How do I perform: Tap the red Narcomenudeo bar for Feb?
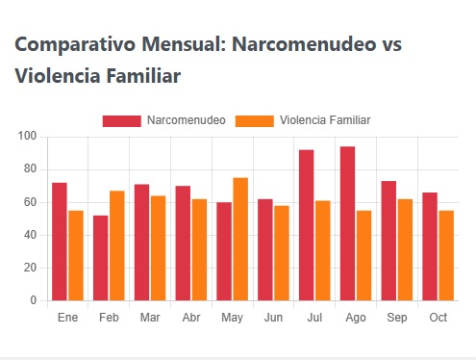pyautogui.click(x=101, y=258)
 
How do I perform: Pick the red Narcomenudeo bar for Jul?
pyautogui.click(x=306, y=225)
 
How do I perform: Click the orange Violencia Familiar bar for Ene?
pyautogui.click(x=76, y=255)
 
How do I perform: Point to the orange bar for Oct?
pyautogui.click(x=446, y=255)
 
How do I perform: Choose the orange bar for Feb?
pyautogui.click(x=117, y=245)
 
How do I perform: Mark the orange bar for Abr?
pyautogui.click(x=199, y=249)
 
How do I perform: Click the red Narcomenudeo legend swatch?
pyautogui.click(x=121, y=120)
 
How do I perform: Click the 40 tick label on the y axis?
pyautogui.click(x=30, y=235)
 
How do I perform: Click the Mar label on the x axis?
pyautogui.click(x=150, y=318)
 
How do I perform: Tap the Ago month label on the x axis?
pyautogui.click(x=356, y=318)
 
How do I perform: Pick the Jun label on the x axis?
pyautogui.click(x=273, y=318)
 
